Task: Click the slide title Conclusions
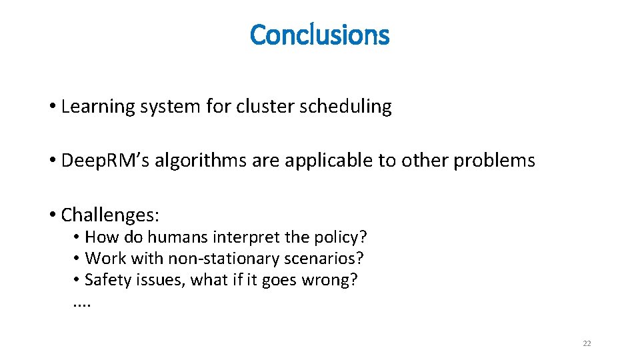pyautogui.click(x=319, y=35)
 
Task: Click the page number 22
pyautogui.click(x=587, y=343)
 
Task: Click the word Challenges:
pyautogui.click(x=110, y=215)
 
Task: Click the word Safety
pyautogui.click(x=106, y=279)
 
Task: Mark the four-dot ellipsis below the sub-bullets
pyautogui.click(x=81, y=305)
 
